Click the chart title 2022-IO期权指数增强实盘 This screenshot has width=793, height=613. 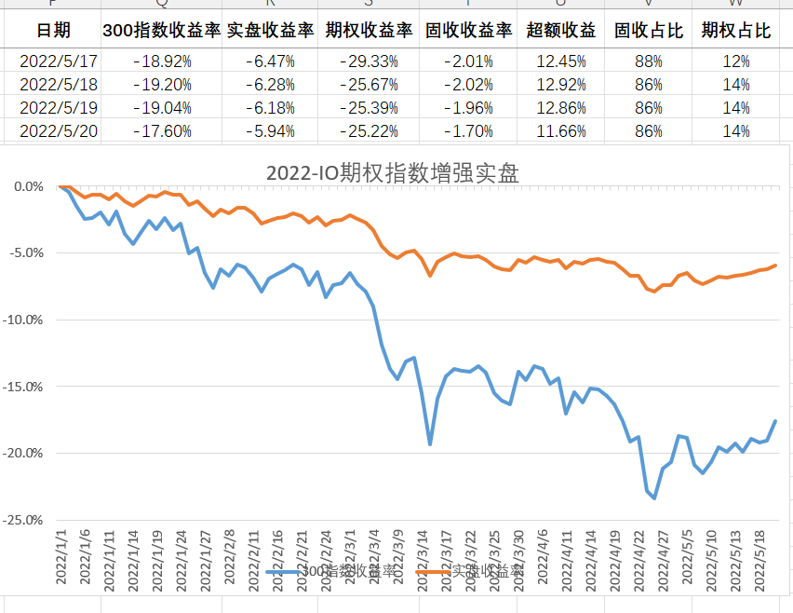pyautogui.click(x=392, y=172)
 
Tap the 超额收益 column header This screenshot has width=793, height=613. pyautogui.click(x=561, y=31)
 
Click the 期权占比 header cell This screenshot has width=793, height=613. pyautogui.click(x=736, y=31)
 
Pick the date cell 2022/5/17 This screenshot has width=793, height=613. pyautogui.click(x=58, y=61)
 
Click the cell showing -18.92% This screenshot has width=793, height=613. pyautogui.click(x=162, y=61)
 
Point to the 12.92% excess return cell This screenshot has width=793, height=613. pyautogui.click(x=561, y=85)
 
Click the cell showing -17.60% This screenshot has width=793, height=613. pyautogui.click(x=162, y=131)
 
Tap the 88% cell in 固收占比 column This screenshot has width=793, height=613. pyautogui.click(x=649, y=61)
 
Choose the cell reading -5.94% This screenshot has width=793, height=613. pyautogui.click(x=271, y=131)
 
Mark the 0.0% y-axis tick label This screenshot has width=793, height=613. pyautogui.click(x=29, y=186)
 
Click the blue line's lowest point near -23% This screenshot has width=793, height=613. pyautogui.click(x=654, y=498)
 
